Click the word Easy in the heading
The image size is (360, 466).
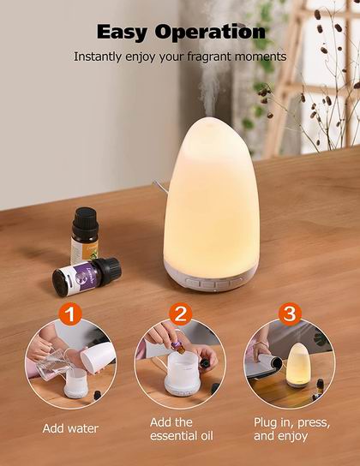122,32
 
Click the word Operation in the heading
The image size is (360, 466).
210,32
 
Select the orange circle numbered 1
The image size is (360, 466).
70,314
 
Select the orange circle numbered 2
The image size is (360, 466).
181,314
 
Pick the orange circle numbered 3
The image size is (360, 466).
290,314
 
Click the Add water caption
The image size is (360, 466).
70,428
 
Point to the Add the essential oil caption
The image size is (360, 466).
182,429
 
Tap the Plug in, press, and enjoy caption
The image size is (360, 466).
291,429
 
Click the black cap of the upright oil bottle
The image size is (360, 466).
85,220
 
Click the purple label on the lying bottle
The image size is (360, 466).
81,278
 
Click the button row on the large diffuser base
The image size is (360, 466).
213,283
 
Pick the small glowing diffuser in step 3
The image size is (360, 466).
298,365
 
